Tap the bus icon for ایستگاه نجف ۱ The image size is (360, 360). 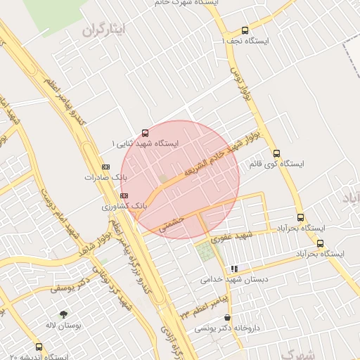pyautogui.click(x=245, y=30)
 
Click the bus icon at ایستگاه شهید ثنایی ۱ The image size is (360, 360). pyautogui.click(x=146, y=132)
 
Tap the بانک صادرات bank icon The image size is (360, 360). pyautogui.click(x=105, y=167)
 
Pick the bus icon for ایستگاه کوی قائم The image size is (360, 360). pyautogui.click(x=276, y=153)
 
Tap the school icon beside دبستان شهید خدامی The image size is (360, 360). pyautogui.click(x=234, y=269)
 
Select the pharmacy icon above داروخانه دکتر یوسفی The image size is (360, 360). pyautogui.click(x=226, y=318)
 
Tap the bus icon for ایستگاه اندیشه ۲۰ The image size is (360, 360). pyautogui.click(x=38, y=346)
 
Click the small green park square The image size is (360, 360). pyautogui.click(x=206, y=252)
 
